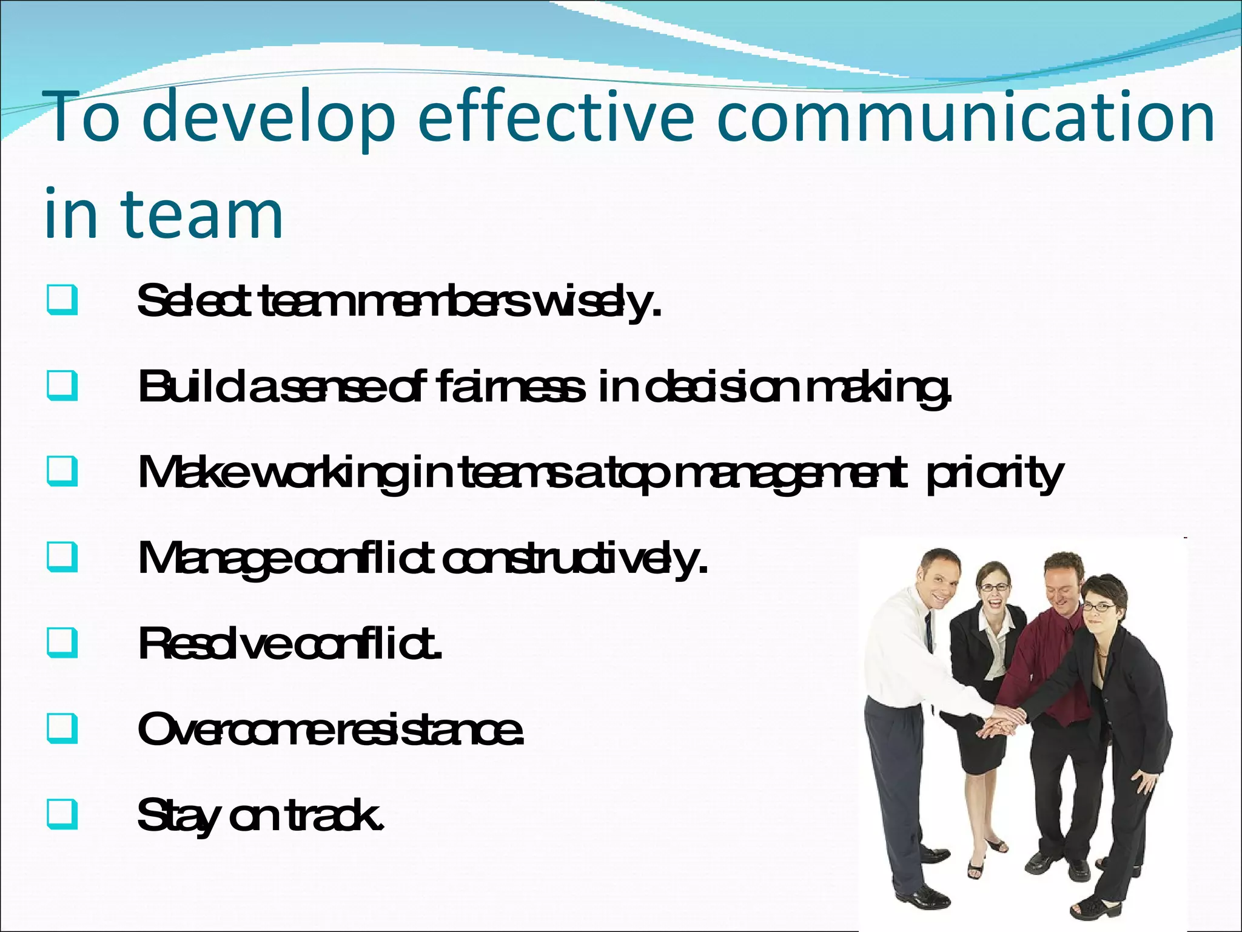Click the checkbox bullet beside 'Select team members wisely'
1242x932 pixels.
(x=61, y=300)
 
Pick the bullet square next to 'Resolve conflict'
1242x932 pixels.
(x=61, y=643)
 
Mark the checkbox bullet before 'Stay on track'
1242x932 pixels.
(x=61, y=814)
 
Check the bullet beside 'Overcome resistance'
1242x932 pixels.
(x=61, y=728)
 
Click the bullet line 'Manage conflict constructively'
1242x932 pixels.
(x=422, y=558)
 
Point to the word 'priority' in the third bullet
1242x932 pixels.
(x=995, y=474)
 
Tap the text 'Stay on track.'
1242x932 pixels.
(x=261, y=815)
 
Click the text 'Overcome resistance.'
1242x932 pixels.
(x=331, y=729)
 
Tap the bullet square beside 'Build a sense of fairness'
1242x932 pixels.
(x=61, y=386)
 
